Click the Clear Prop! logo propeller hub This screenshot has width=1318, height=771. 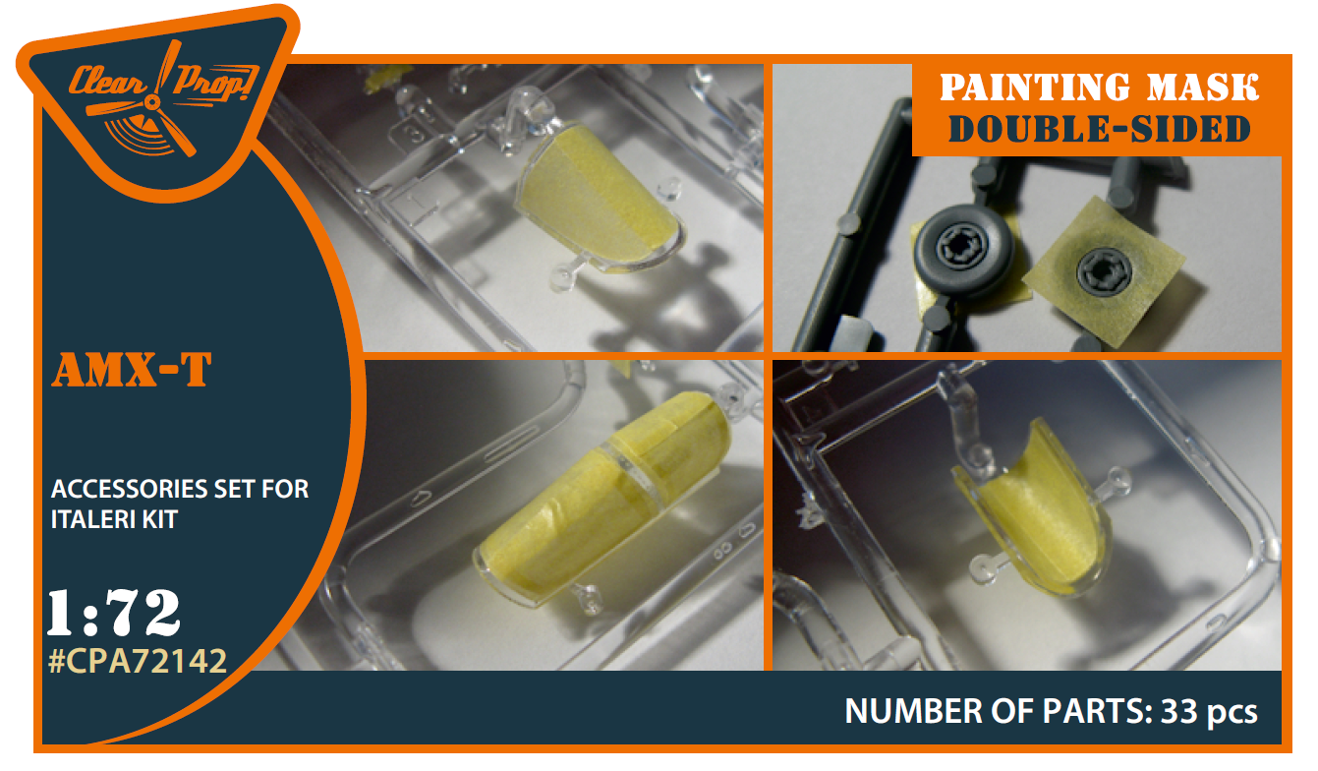click(152, 103)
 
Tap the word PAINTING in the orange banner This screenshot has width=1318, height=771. click(1035, 88)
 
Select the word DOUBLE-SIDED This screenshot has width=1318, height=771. click(1099, 130)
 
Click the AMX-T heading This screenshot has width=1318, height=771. click(132, 370)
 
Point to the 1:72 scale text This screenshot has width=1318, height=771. click(114, 613)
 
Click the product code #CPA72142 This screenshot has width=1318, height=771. click(138, 661)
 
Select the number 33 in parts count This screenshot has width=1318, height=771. click(1179, 711)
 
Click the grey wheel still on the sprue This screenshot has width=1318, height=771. click(964, 251)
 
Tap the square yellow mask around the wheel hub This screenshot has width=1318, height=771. click(1104, 271)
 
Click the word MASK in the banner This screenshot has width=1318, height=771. click(1203, 88)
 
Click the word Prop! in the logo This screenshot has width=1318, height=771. click(215, 83)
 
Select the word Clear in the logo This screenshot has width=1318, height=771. click(108, 82)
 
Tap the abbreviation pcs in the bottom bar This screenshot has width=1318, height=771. click(1232, 713)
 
